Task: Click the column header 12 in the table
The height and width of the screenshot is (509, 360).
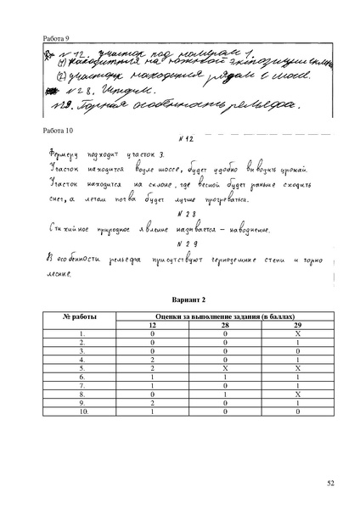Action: pos(153,325)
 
